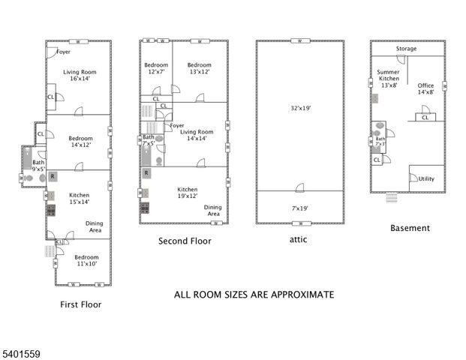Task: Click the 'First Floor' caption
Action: click(x=80, y=304)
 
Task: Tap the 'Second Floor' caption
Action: click(x=185, y=241)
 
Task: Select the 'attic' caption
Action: click(x=298, y=240)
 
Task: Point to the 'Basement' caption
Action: click(x=410, y=228)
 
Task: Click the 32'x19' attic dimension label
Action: click(x=299, y=108)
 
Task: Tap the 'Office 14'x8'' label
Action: click(x=425, y=89)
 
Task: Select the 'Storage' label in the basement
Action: click(x=407, y=49)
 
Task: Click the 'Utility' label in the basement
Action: click(x=426, y=179)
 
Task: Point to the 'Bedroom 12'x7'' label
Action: click(x=155, y=68)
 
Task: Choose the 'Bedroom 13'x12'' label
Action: click(x=199, y=68)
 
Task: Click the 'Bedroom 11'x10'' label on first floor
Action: click(x=86, y=260)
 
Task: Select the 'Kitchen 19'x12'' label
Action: click(x=188, y=193)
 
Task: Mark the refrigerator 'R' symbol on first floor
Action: click(x=53, y=176)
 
